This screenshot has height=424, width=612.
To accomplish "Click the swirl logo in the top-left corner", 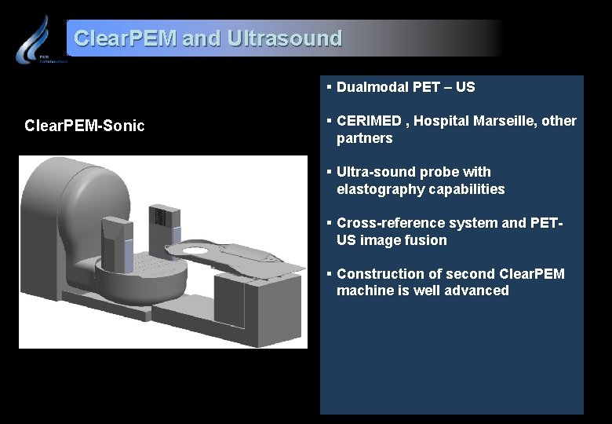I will [34, 39].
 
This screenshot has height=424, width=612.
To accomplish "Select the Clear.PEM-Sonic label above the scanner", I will [85, 126].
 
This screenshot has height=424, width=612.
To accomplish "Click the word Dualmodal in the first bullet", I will [373, 87].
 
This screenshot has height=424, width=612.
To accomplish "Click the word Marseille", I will [505, 121].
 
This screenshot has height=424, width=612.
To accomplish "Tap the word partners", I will [364, 138].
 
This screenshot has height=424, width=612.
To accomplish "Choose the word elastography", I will [375, 189].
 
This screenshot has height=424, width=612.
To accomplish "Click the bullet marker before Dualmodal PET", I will [330, 87].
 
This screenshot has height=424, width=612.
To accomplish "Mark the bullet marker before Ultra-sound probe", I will [330, 172].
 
